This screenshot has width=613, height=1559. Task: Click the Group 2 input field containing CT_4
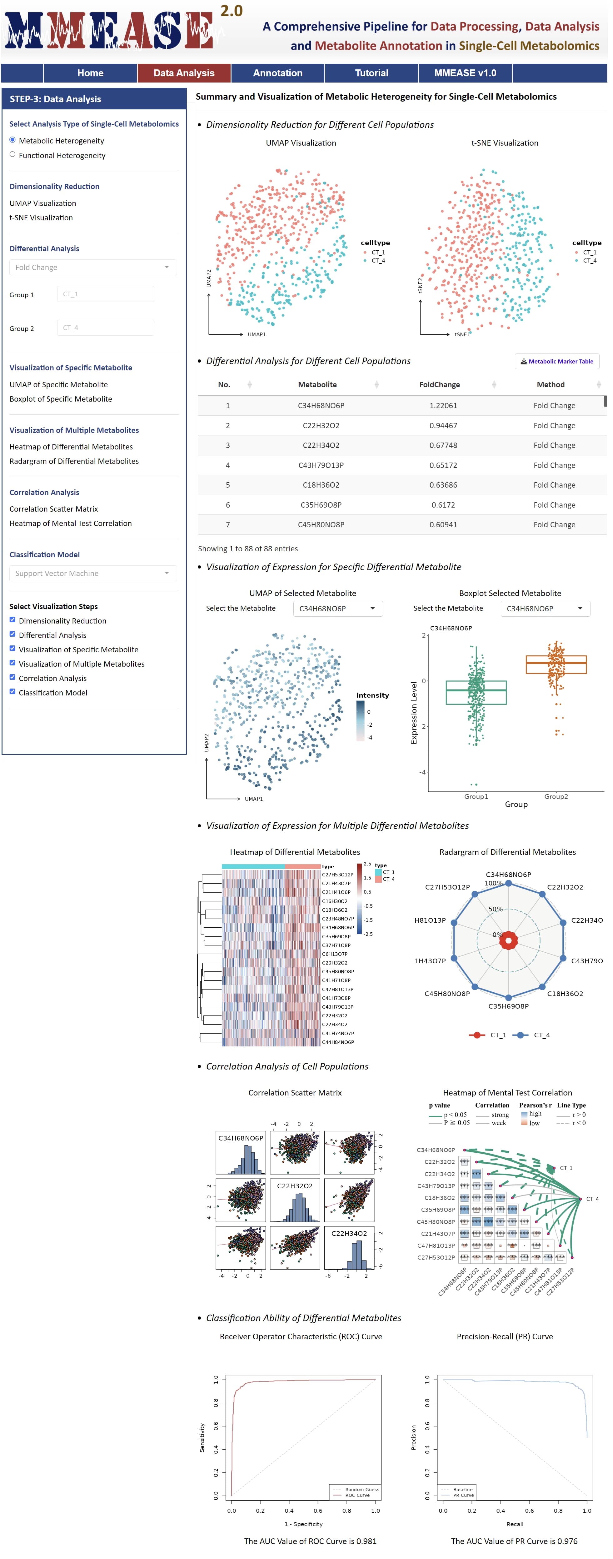(x=105, y=328)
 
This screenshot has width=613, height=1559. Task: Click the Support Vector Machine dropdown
(x=92, y=573)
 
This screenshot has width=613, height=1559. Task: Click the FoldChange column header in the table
(x=439, y=384)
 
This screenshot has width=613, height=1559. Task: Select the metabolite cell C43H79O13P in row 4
(x=321, y=465)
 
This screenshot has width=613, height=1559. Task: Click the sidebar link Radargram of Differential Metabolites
(x=74, y=461)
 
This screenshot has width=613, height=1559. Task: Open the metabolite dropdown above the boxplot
(x=545, y=608)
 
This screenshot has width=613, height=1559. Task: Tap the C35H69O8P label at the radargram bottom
(x=508, y=1006)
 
